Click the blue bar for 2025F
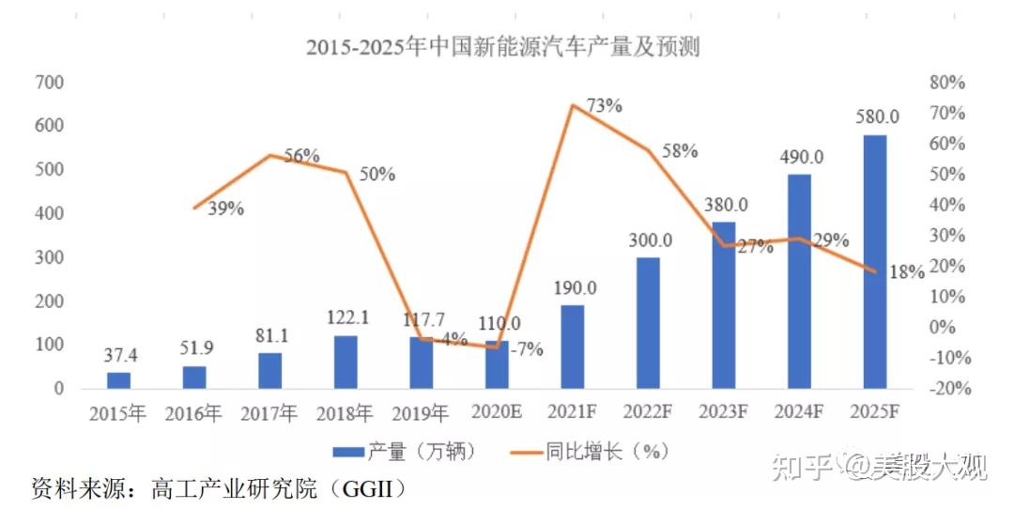(x=874, y=261)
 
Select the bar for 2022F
(x=648, y=322)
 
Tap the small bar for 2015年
(x=119, y=379)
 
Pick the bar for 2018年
(x=346, y=362)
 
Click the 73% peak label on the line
(x=604, y=105)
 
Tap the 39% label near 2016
(x=225, y=208)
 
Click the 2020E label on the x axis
(x=497, y=413)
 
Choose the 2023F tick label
(x=723, y=413)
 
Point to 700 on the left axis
(x=50, y=83)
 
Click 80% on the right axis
(x=946, y=83)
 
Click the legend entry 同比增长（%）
(x=607, y=452)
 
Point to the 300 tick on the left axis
(x=50, y=257)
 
